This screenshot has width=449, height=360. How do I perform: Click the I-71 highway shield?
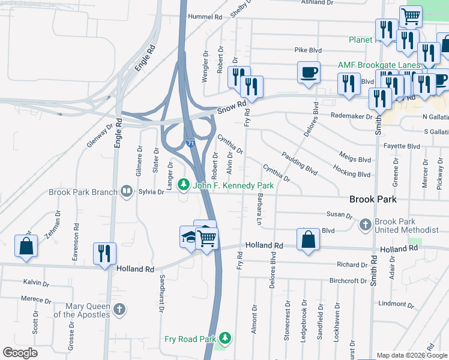click(x=190, y=144)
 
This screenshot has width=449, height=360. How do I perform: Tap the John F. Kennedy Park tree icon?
click(x=185, y=185)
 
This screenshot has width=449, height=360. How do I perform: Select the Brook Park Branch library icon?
click(x=127, y=192)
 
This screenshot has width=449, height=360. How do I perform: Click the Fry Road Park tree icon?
click(x=225, y=339)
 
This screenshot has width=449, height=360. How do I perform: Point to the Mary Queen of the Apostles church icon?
click(x=119, y=310)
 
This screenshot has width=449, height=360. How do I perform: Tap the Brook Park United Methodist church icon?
click(x=364, y=226)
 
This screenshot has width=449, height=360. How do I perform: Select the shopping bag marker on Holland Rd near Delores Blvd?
click(x=308, y=239)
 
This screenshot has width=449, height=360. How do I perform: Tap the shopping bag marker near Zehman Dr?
click(x=26, y=246)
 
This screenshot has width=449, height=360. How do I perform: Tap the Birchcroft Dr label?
click(x=348, y=281)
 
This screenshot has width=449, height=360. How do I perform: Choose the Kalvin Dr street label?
click(x=35, y=282)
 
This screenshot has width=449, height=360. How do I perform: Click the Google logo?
click(x=20, y=353)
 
